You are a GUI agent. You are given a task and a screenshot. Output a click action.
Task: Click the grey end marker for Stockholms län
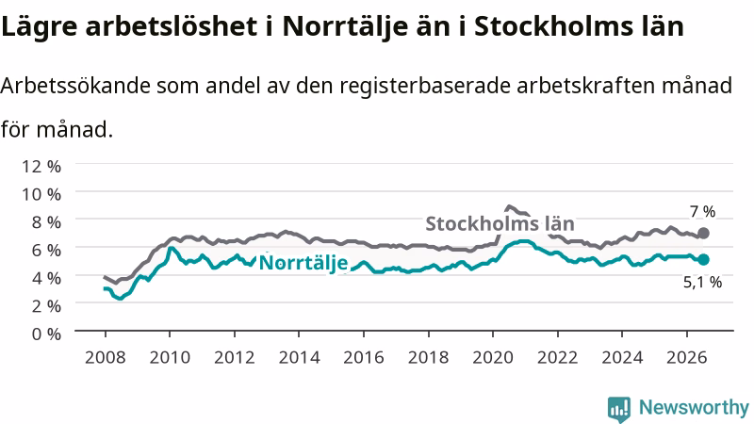703,233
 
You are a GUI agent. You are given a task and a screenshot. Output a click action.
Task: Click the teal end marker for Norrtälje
703,260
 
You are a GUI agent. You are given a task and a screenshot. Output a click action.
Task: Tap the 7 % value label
702,211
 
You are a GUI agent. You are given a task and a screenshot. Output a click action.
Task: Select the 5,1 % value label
702,282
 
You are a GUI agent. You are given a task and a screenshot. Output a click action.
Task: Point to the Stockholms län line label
500,223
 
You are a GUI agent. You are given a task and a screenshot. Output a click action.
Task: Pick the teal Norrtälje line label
303,263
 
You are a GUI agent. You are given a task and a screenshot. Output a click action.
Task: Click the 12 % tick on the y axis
41,167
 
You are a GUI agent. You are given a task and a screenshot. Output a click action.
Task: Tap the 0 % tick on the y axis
46,334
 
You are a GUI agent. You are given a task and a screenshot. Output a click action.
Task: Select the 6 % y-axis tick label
46,250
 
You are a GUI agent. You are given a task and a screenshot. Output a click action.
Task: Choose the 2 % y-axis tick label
46,305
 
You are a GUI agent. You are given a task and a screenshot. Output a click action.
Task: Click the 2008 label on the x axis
106,357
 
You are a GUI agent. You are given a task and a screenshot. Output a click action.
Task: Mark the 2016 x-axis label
364,357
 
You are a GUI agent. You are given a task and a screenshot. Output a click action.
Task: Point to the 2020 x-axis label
493,357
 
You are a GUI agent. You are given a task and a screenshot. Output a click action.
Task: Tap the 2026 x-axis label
687,357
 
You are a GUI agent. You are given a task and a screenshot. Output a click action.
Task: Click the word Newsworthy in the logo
694,408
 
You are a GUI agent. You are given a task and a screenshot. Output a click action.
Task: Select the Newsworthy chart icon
619,409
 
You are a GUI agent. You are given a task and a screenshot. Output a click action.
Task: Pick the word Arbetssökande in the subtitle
75,86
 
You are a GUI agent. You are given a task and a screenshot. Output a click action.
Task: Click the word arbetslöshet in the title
172,26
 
